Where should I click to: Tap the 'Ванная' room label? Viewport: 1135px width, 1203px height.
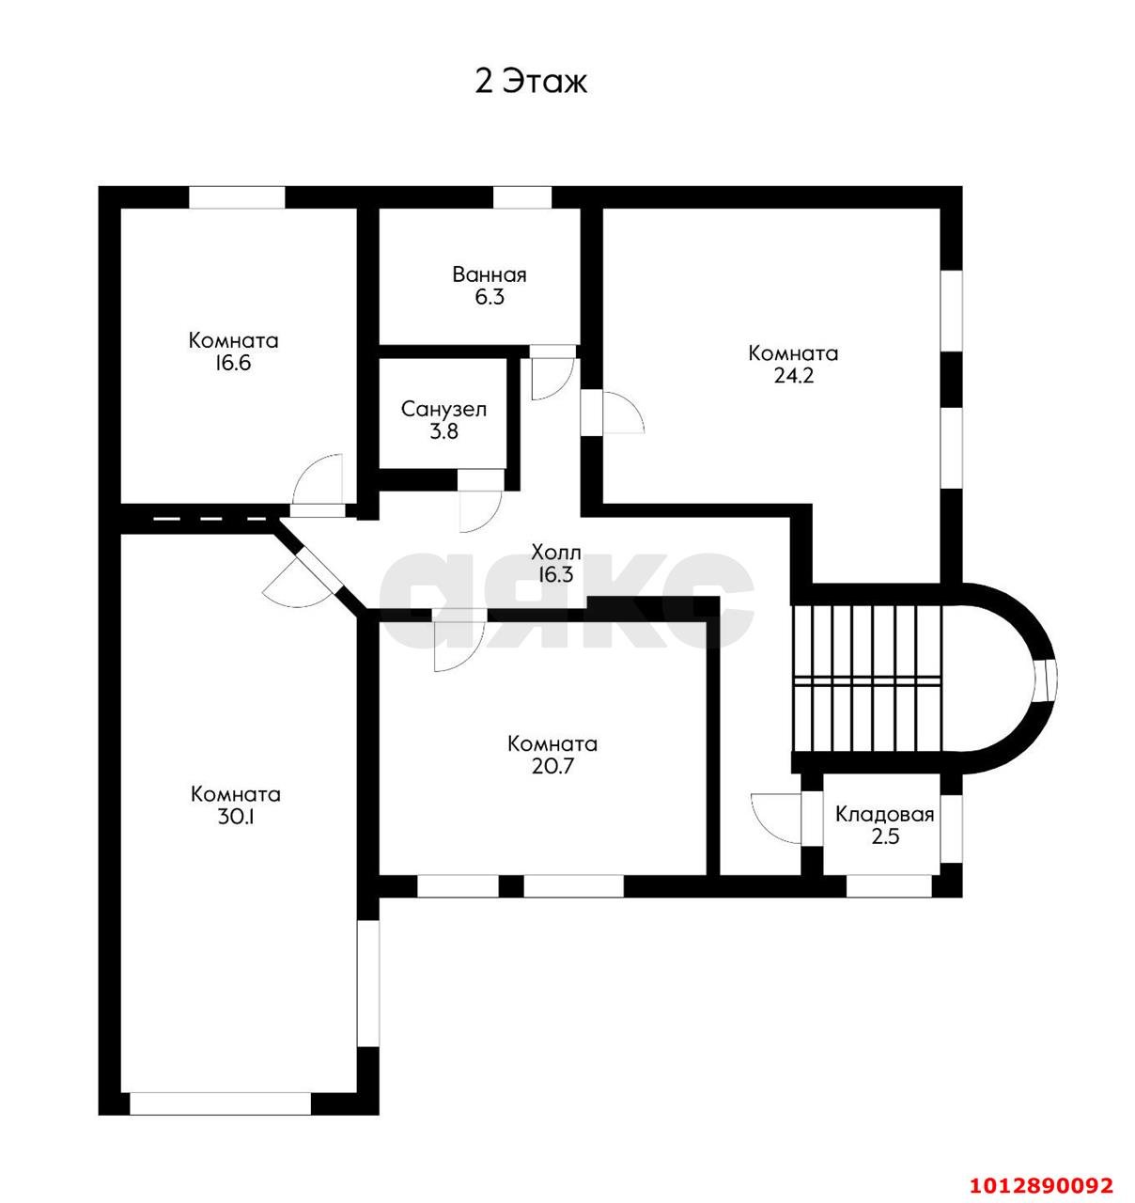[490, 275]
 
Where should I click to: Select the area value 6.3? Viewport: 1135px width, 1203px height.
[490, 297]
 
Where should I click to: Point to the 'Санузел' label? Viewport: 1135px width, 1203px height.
[443, 410]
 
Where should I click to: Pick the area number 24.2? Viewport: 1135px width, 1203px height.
[793, 376]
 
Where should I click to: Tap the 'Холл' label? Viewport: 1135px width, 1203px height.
[556, 553]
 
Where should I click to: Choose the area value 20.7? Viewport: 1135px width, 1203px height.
[552, 766]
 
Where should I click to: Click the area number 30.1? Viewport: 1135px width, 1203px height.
[235, 817]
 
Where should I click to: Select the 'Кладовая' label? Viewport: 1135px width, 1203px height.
[885, 815]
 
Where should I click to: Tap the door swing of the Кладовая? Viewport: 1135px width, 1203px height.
[776, 817]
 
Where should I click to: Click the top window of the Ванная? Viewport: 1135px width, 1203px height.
[522, 197]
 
